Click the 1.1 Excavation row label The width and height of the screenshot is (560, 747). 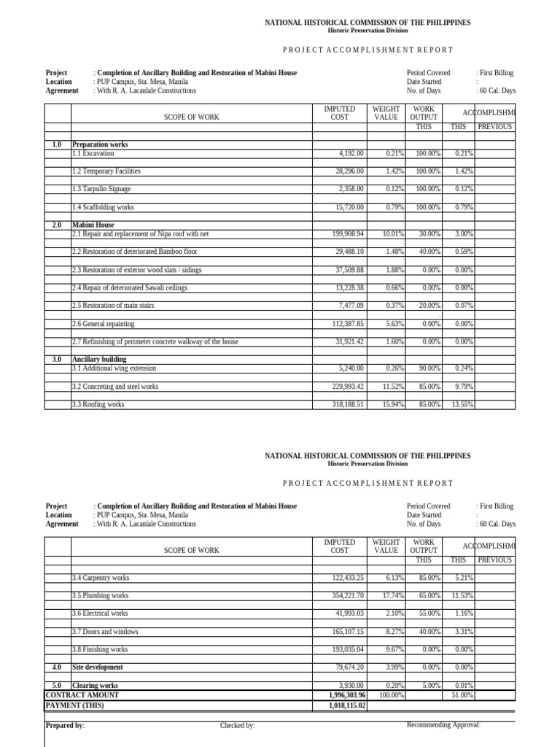(x=93, y=153)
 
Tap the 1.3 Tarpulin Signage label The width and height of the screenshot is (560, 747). (x=101, y=189)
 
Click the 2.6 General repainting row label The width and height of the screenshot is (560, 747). (x=104, y=324)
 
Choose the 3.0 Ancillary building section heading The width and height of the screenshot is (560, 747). (x=99, y=360)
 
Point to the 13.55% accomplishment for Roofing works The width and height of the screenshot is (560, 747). (x=462, y=404)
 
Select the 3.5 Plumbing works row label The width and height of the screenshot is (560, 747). (x=101, y=596)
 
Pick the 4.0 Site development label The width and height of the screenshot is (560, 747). (x=98, y=667)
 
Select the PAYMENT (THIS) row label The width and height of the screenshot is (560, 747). (x=74, y=706)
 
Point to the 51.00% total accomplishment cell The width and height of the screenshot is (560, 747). (x=462, y=696)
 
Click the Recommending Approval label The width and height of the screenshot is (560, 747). (x=443, y=724)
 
